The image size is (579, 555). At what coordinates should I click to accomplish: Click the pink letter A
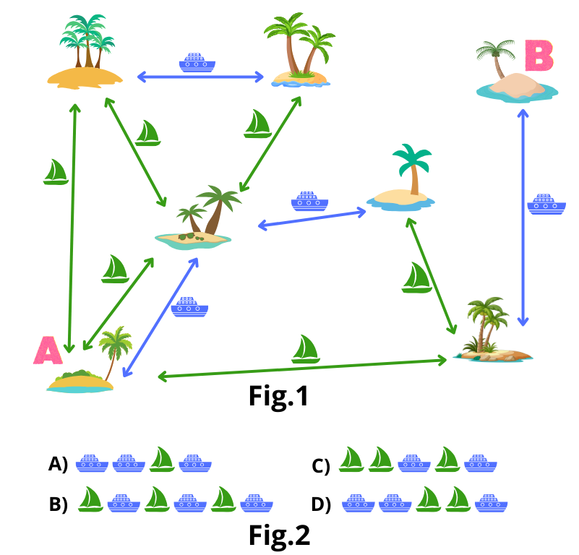click(x=48, y=350)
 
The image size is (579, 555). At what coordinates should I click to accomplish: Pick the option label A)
click(x=58, y=464)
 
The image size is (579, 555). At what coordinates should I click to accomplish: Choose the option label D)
click(x=321, y=504)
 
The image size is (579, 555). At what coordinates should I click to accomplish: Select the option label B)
click(x=58, y=504)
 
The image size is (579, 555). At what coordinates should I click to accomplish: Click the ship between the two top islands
click(x=197, y=62)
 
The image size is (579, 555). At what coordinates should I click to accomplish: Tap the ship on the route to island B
click(x=541, y=204)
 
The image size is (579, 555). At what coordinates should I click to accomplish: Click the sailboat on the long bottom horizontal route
click(x=306, y=349)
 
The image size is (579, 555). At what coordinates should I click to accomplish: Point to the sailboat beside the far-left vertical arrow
click(x=56, y=172)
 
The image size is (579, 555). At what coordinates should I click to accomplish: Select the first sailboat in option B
click(x=90, y=499)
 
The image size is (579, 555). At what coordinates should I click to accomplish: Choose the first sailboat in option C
click(x=351, y=460)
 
